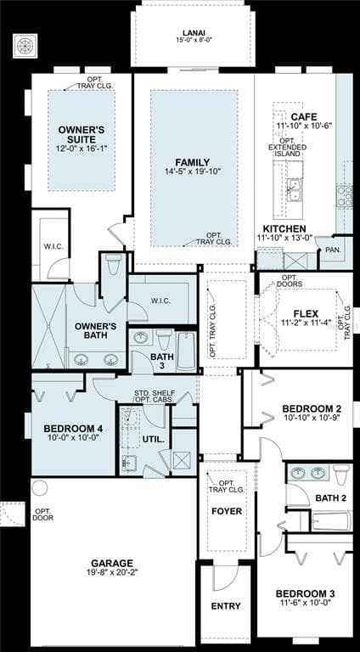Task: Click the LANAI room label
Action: pos(194,33)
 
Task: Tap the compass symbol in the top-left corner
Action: pos(25,46)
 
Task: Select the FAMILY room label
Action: pos(193,163)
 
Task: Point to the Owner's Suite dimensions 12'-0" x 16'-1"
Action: pos(82,148)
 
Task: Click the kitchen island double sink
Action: pos(294,188)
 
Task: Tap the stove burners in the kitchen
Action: pos(343,196)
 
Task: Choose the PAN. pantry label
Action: pos(334,250)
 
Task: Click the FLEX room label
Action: pos(306,313)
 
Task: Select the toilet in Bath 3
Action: pos(164,340)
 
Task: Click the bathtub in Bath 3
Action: pos(186,351)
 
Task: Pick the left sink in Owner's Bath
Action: pos(81,360)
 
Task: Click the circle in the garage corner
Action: pos(40,487)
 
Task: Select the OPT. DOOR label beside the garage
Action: pos(43,514)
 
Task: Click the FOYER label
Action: pos(227,511)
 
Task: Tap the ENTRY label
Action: pos(226,606)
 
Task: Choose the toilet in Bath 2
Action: pos(341,475)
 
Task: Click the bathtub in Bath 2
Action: pos(332,521)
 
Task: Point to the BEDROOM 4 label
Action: pos(73,429)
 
